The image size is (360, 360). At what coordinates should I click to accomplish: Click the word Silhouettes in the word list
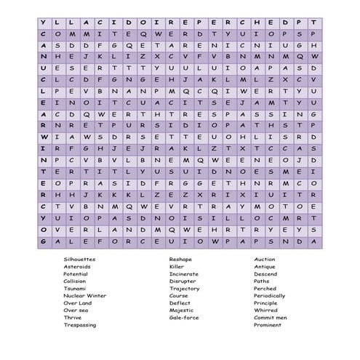pos(79,259)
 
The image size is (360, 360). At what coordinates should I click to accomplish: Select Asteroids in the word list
pos(76,266)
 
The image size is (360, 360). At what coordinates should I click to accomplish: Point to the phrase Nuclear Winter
pos(84,295)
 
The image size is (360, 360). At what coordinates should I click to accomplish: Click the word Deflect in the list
pos(180,303)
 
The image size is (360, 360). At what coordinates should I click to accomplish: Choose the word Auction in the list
pos(265,259)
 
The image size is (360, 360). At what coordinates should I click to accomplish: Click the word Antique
pos(265,266)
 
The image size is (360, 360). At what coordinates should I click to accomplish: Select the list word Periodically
pos(270,295)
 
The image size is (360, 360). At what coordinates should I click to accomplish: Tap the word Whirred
pos(265,310)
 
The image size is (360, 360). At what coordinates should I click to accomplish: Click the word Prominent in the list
pos(268,324)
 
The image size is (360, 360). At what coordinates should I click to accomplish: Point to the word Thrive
pos(73,317)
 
